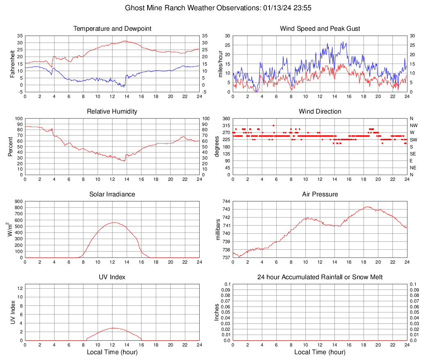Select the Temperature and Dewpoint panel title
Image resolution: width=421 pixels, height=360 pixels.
click(112, 29)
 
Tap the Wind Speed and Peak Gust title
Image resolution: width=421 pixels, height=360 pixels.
click(320, 29)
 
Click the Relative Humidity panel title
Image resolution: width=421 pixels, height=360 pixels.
click(112, 112)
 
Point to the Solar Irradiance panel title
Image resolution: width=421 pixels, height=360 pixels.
click(112, 194)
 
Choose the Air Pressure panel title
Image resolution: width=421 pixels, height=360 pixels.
click(320, 194)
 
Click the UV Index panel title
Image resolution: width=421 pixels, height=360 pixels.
click(112, 277)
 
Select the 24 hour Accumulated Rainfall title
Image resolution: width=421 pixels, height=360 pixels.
click(320, 277)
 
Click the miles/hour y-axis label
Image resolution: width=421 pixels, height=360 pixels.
click(220, 64)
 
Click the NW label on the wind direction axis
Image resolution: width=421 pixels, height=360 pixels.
click(413, 125)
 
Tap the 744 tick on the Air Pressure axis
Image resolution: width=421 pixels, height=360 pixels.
click(226, 202)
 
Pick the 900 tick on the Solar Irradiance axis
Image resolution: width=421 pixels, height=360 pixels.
click(18, 202)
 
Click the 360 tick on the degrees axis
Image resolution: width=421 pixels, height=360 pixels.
click(226, 119)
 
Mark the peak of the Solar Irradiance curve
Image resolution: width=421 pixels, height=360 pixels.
click(114, 223)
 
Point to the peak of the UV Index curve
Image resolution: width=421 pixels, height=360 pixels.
click(114, 328)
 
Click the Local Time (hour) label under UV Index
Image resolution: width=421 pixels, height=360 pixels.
click(112, 352)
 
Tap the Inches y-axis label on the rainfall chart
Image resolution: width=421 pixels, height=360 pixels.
click(217, 312)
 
